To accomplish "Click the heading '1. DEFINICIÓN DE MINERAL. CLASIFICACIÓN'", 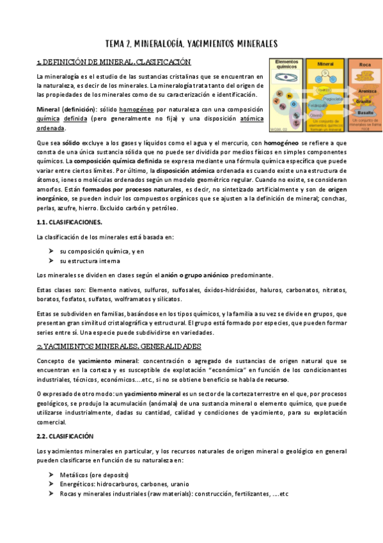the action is pyautogui.click(x=114, y=62).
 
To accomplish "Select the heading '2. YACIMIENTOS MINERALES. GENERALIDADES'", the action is pyautogui.click(x=119, y=346).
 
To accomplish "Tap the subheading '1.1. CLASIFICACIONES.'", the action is pyautogui.click(x=70, y=222).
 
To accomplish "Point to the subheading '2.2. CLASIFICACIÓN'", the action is pyautogui.click(x=66, y=435).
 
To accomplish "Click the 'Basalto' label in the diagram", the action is pyautogui.click(x=365, y=113).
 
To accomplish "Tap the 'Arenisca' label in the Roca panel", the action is pyautogui.click(x=367, y=90).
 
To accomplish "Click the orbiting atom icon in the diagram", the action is pyautogui.click(x=286, y=82).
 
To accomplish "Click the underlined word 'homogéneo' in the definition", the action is pyautogui.click(x=143, y=109).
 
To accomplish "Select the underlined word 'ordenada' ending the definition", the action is pyautogui.click(x=51, y=128).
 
